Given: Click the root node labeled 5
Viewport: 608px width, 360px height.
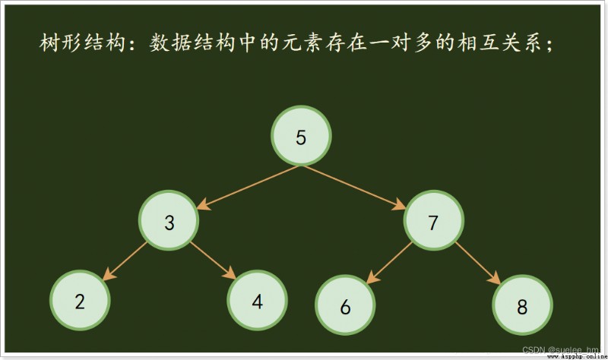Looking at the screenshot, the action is click(x=301, y=136).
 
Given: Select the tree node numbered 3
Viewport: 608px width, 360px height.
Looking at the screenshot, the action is click(x=169, y=220).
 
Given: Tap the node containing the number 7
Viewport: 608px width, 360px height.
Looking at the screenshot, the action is click(x=433, y=220).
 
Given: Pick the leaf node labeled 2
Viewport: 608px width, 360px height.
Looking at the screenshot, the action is click(x=80, y=300).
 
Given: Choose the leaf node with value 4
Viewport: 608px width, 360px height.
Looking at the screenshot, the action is click(x=257, y=300).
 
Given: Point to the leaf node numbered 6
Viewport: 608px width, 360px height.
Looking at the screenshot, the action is click(x=345, y=305).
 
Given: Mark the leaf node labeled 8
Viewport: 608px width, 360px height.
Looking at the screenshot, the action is click(x=522, y=305).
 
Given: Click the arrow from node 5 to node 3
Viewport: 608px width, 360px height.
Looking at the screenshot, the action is click(x=249, y=188).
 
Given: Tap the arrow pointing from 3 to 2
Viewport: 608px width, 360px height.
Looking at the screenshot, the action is click(x=125, y=261).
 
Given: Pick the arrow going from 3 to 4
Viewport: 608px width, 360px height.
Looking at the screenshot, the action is click(x=213, y=260).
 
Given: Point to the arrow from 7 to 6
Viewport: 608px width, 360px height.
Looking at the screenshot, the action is click(x=389, y=263).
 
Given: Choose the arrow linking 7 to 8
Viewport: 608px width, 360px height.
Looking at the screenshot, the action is click(x=478, y=263).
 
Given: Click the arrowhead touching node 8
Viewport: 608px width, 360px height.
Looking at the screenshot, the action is click(x=495, y=278).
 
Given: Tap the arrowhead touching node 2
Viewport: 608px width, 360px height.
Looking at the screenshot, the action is click(x=109, y=274).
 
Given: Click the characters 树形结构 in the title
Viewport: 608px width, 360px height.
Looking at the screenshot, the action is click(x=83, y=43).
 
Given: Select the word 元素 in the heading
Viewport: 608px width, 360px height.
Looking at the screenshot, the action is click(x=302, y=43).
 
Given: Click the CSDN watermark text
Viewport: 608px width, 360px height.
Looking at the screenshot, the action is click(x=560, y=350).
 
